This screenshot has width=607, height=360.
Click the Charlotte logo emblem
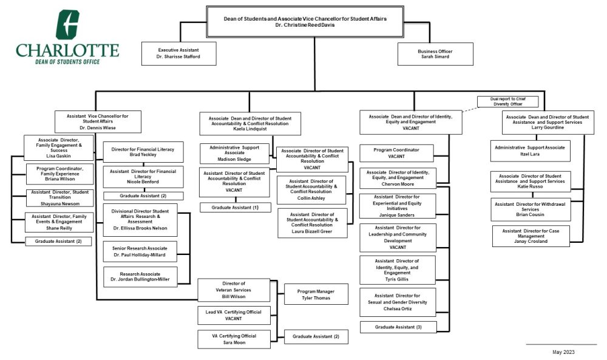click(67, 25)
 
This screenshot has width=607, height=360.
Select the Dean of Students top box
click(305, 22)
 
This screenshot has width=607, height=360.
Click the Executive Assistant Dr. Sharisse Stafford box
click(178, 53)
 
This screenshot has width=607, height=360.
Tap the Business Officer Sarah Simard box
click(435, 53)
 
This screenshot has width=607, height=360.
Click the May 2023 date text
click(563, 352)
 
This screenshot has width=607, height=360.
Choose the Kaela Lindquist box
click(250, 123)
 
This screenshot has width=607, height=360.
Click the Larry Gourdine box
click(547, 122)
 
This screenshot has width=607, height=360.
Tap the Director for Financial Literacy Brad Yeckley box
click(143, 152)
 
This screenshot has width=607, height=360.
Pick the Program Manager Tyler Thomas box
click(316, 294)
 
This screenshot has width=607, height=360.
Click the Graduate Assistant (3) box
click(398, 327)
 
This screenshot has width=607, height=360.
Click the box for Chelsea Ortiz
click(398, 302)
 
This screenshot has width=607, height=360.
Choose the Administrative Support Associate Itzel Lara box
click(530, 151)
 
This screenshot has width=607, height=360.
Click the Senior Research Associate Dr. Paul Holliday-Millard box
click(140, 251)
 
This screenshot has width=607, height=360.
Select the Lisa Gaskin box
click(59, 148)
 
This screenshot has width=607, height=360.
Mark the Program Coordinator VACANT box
click(397, 153)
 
